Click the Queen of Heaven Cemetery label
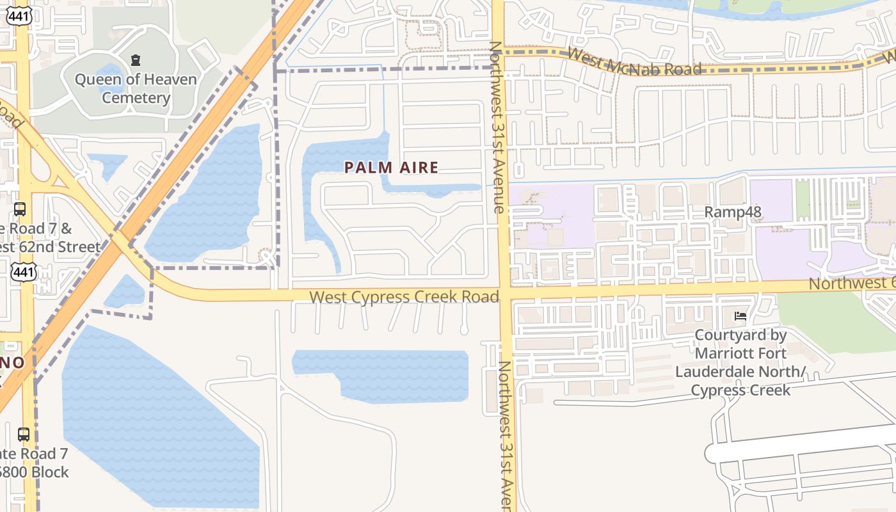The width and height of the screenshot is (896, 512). (x=136, y=88)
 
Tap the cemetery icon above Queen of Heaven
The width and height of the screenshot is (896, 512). (x=136, y=60)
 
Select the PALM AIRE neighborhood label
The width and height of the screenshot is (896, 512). (x=392, y=168)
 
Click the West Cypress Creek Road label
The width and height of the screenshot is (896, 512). (x=404, y=297)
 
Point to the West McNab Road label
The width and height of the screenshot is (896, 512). (x=634, y=62)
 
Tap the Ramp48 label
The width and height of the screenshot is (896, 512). (x=732, y=212)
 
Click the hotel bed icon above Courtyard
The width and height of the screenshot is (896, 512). (x=740, y=316)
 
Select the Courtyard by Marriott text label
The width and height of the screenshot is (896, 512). (x=740, y=362)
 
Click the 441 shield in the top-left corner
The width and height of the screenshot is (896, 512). (x=19, y=16)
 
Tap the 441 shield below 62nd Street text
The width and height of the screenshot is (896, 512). (x=24, y=273)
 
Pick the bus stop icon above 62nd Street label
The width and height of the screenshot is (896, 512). (x=20, y=209)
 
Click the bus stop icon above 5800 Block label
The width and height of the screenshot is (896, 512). (x=24, y=434)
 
